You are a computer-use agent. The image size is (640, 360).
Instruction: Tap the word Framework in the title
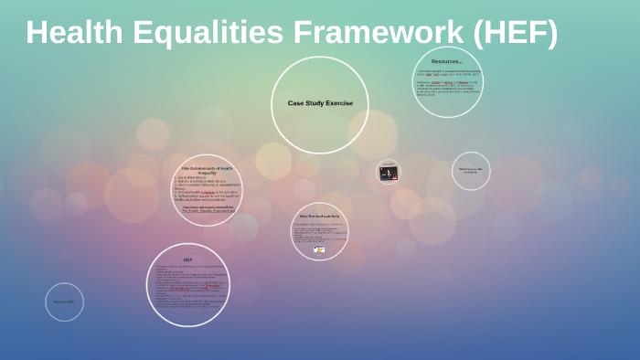tap(377, 34)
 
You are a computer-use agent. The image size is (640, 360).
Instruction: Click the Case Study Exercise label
tap(320, 103)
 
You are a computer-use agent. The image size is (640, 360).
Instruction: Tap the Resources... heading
tap(447, 61)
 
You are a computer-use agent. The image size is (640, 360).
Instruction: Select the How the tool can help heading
tap(319, 216)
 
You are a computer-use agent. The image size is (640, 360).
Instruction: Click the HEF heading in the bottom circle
tap(187, 259)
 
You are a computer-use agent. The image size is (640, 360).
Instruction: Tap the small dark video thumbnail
tap(389, 172)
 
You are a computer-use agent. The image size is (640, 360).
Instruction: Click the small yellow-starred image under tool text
tap(319, 249)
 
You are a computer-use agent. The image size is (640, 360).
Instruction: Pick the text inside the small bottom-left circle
tap(64, 302)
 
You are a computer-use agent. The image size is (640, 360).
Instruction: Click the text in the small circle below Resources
tap(471, 171)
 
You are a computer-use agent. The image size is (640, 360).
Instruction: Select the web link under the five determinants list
tap(208, 209)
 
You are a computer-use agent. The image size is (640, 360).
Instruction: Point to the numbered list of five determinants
tap(205, 189)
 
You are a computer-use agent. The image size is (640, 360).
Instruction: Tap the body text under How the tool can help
tap(319, 233)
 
